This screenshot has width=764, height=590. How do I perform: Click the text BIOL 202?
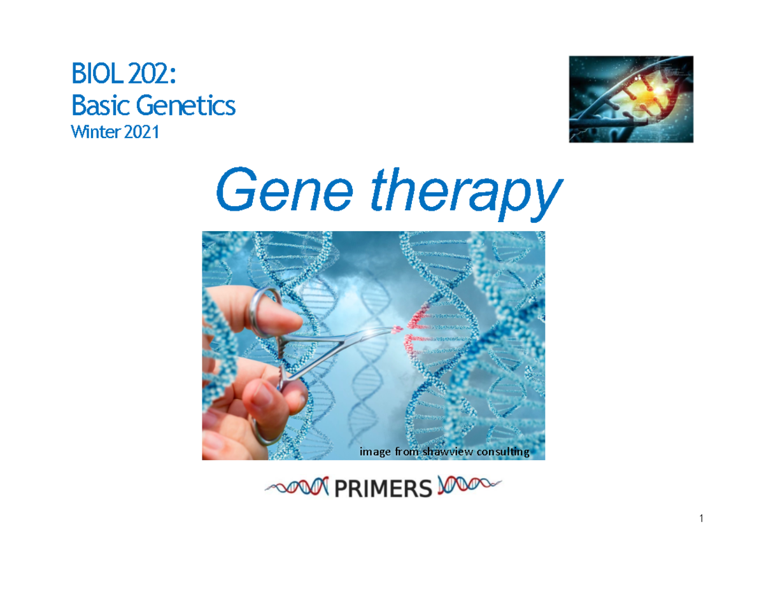(124, 78)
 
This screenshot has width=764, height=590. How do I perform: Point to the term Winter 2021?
(114, 132)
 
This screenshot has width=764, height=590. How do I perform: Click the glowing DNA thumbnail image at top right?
(630, 99)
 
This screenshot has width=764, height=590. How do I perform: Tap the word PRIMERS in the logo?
(380, 489)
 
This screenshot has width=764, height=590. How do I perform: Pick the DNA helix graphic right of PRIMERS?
(468, 487)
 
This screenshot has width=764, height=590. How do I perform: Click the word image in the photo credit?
(375, 452)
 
